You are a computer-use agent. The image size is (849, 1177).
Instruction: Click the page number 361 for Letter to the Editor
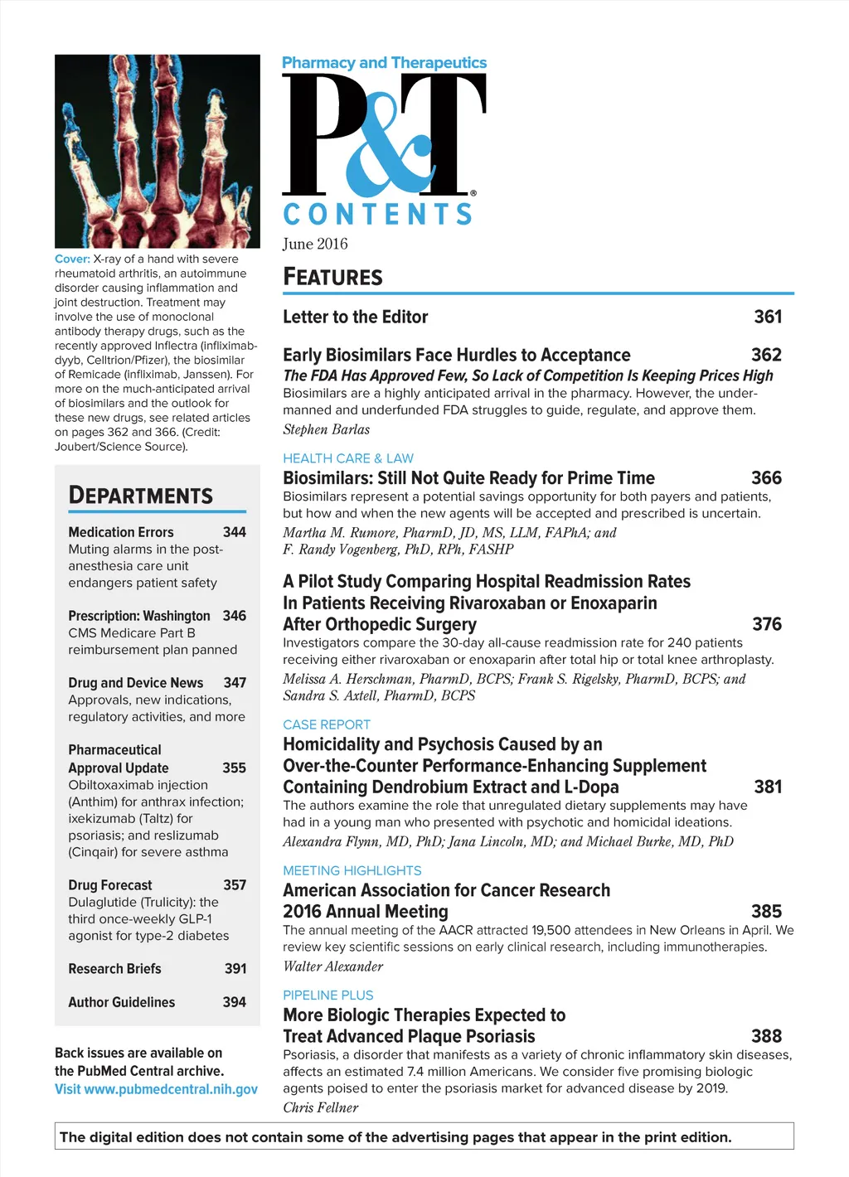click(x=768, y=317)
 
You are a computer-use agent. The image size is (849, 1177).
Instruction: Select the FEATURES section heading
click(x=332, y=277)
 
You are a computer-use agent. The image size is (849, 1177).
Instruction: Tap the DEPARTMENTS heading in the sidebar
click(x=141, y=496)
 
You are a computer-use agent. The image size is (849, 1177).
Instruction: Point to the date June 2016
click(x=315, y=244)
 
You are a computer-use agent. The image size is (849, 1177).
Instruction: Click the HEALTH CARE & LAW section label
click(x=348, y=458)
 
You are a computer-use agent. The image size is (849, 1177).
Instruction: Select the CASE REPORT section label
click(x=327, y=724)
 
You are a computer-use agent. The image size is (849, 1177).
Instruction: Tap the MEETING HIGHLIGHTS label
click(x=352, y=870)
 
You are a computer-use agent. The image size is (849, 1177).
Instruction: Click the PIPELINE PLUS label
click(x=328, y=995)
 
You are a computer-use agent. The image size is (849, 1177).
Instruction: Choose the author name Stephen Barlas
click(x=327, y=429)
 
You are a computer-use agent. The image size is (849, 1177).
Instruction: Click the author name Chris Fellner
click(x=321, y=1107)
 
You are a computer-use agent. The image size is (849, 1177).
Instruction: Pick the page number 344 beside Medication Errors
click(x=235, y=532)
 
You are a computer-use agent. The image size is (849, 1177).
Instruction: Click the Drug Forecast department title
click(x=110, y=885)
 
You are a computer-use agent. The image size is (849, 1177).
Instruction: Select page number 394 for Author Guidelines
click(x=235, y=1002)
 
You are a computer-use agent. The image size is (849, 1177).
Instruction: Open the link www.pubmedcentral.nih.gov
click(x=171, y=1089)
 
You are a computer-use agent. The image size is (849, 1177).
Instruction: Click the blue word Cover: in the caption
click(x=72, y=259)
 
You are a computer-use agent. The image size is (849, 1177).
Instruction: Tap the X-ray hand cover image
click(x=158, y=151)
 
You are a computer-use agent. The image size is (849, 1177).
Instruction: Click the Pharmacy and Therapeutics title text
click(x=385, y=63)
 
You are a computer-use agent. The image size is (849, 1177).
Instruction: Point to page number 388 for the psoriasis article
click(x=766, y=1036)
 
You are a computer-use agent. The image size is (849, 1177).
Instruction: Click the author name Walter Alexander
click(x=333, y=966)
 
